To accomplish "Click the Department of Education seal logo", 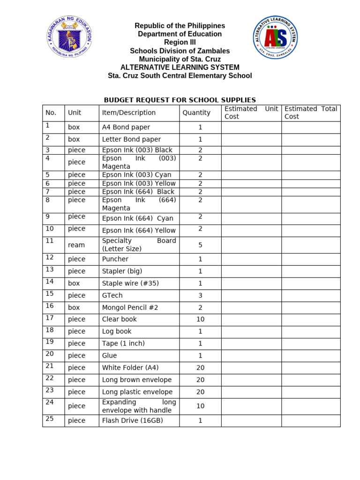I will click(69, 37).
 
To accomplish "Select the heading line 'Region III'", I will click(180, 43).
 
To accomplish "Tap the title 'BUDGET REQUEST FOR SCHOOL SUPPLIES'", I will click(180, 100).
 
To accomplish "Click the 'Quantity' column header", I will click(196, 112).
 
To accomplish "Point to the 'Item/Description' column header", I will click(129, 112).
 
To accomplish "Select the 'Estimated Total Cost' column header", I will click(310, 112).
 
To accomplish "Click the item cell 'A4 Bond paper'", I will click(126, 127).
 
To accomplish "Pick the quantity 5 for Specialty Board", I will click(200, 245).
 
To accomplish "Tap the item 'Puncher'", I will click(115, 259).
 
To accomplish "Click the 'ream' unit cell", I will click(76, 245).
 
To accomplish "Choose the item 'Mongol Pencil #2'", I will click(130, 307).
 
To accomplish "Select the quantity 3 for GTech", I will click(200, 295).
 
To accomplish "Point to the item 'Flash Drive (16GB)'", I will click(133, 420).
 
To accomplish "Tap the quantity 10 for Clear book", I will click(200, 319).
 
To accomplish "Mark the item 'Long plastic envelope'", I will click(137, 392).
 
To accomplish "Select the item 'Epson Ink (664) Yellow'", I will click(139, 230).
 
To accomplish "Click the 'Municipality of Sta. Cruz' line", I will click(180, 59).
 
